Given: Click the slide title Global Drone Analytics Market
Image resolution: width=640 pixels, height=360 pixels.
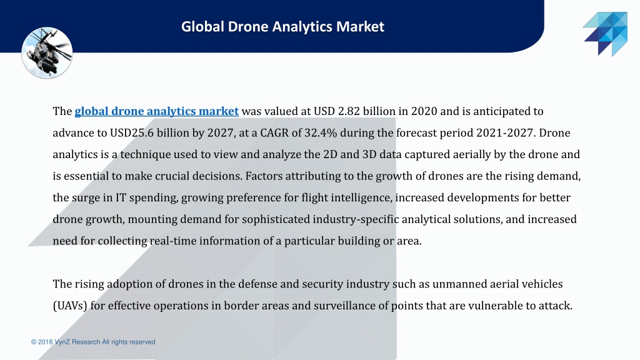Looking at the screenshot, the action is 283,27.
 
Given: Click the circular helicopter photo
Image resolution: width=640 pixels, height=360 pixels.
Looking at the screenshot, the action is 47,52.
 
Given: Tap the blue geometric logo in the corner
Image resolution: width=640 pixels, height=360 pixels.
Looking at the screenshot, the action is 605,34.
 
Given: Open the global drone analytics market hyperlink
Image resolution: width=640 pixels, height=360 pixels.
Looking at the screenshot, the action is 157,111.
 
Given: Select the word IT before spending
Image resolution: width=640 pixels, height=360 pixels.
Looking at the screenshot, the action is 121,197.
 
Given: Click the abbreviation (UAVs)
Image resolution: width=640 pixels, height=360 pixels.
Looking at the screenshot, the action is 70,306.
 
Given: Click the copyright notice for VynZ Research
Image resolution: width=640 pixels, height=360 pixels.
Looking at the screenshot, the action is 93,342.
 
